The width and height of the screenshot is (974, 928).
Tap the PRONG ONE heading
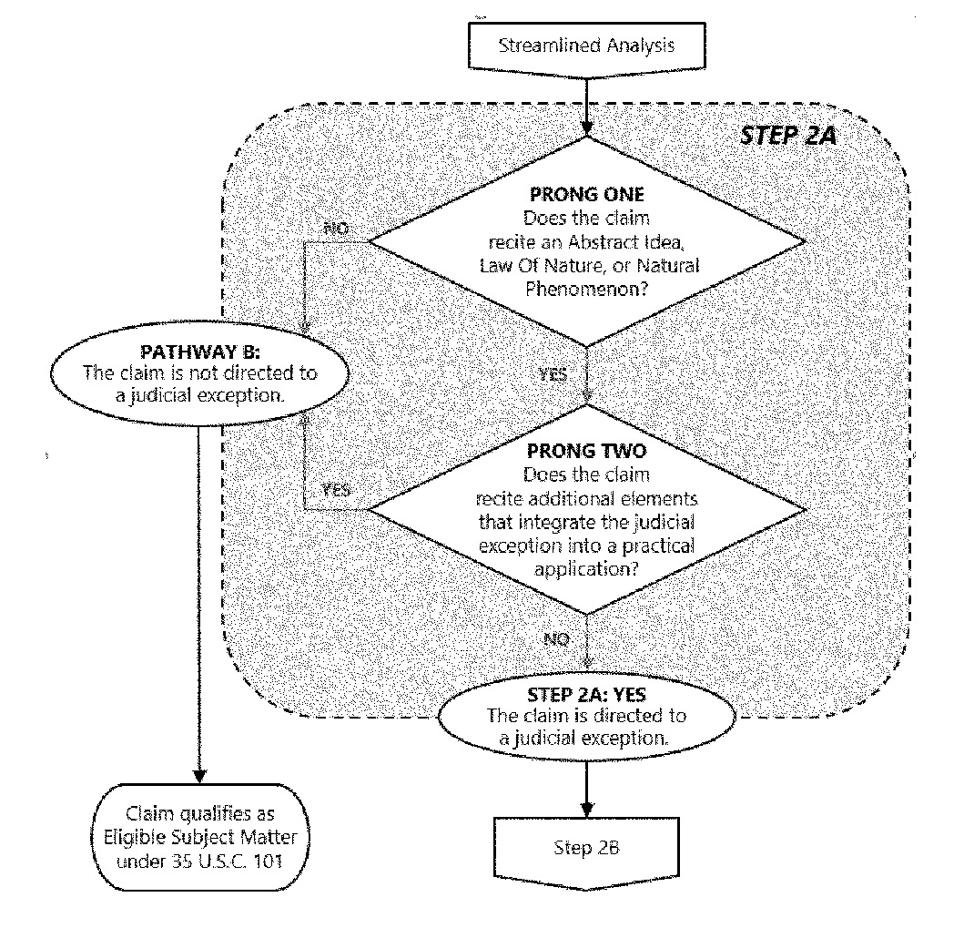(585, 196)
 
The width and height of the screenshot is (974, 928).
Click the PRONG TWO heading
(585, 452)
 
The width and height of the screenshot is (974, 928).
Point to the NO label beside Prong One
(336, 229)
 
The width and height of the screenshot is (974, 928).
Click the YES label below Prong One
(553, 374)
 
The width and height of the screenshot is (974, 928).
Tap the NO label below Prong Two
(556, 639)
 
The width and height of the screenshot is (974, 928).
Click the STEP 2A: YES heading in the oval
(586, 696)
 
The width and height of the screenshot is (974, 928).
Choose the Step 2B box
(586, 848)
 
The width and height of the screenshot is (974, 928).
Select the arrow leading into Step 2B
(586, 785)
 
